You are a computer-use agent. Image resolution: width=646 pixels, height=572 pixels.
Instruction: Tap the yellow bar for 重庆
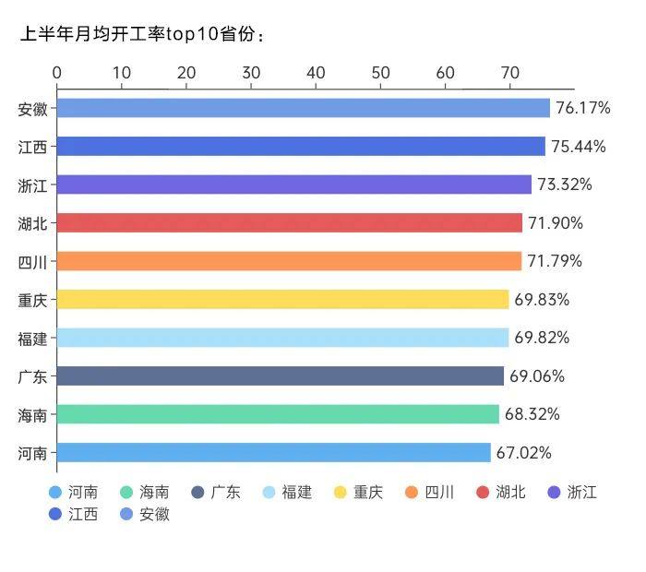pos(282,299)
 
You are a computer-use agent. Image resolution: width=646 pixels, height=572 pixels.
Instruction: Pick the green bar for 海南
pos(278,414)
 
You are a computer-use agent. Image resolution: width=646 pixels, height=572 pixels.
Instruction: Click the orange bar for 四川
pos(289,261)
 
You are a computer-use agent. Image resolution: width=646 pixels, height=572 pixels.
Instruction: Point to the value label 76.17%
pos(582,108)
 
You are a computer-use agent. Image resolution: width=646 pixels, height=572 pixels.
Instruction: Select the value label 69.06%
pos(536,376)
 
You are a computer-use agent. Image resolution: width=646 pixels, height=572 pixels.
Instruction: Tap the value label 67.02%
pos(523,453)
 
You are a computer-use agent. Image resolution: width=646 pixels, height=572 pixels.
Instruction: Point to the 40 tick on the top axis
pos(316,73)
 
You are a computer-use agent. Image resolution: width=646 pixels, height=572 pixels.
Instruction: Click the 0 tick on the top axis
pos(57,73)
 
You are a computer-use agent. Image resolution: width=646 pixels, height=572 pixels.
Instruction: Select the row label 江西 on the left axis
pos(33,147)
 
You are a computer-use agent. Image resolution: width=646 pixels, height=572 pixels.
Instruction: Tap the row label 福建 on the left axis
pos(33,338)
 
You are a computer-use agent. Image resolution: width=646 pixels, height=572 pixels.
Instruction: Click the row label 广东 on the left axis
pos(33,376)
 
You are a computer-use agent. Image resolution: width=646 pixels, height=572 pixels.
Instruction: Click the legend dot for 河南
pos(55,492)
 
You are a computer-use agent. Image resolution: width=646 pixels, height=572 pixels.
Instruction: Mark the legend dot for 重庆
pos(341,492)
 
